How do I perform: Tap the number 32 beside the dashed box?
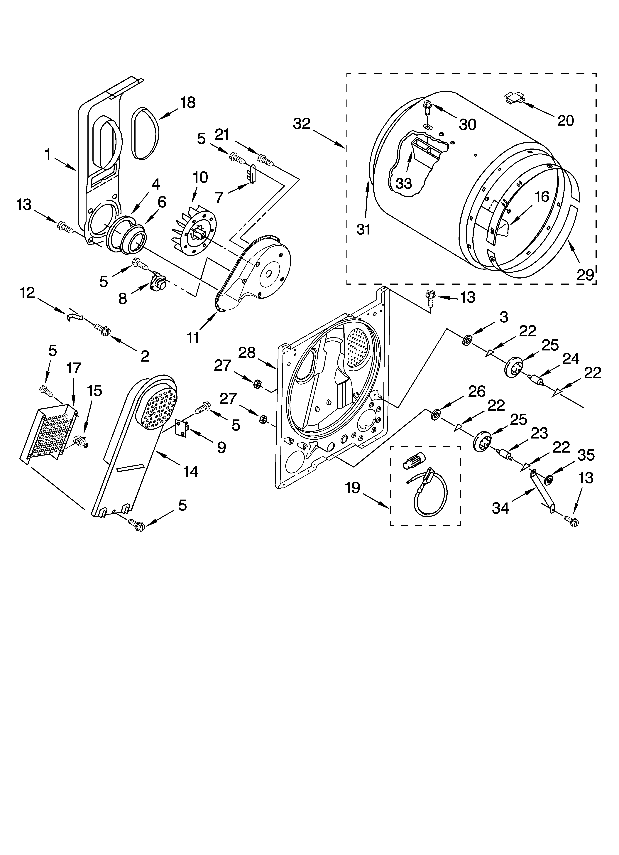click(x=302, y=124)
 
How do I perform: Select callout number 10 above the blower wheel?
click(x=200, y=177)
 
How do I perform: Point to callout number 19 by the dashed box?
click(x=353, y=488)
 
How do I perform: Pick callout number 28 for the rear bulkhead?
click(x=247, y=353)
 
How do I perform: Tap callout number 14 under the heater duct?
click(x=191, y=471)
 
